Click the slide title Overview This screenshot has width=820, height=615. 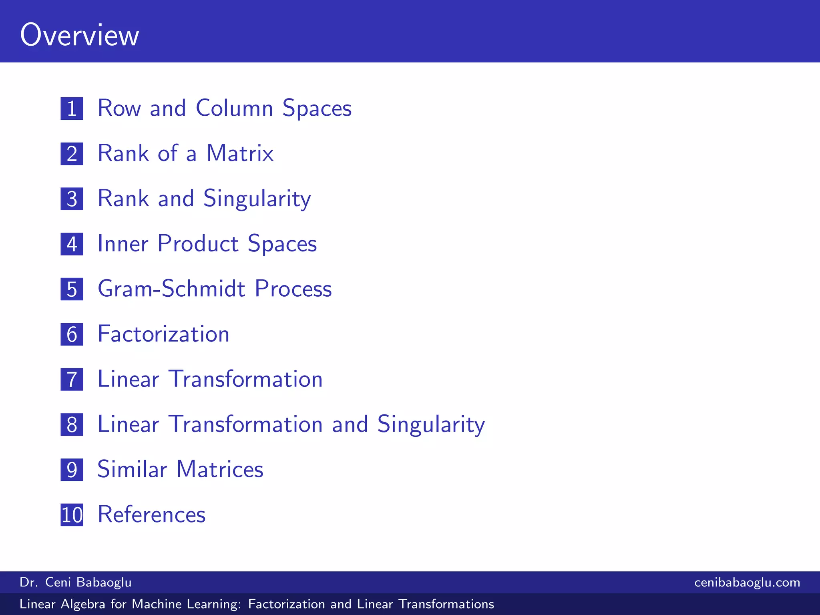tap(80, 35)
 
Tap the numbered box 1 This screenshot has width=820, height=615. tap(72, 109)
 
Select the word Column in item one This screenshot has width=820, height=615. tap(234, 108)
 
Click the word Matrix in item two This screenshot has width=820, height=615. tap(240, 153)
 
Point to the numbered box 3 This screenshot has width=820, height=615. tap(72, 199)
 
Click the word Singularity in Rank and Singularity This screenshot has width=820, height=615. tap(257, 199)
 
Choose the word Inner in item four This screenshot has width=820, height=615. tap(123, 243)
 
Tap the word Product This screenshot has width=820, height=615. tap(198, 243)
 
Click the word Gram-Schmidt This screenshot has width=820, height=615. tap(171, 289)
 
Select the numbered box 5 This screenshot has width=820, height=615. tap(72, 289)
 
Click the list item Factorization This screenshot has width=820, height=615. tap(163, 334)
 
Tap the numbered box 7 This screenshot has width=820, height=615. tap(72, 380)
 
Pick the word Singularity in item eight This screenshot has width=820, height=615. tap(431, 424)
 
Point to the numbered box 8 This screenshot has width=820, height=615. tap(72, 425)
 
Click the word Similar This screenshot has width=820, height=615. tap(132, 469)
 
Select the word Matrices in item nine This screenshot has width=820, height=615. tap(220, 469)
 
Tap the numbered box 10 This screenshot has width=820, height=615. tap(72, 515)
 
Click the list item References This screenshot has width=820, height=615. tap(151, 515)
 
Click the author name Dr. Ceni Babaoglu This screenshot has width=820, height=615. tap(76, 582)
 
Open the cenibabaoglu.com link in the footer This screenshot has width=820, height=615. tap(747, 582)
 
